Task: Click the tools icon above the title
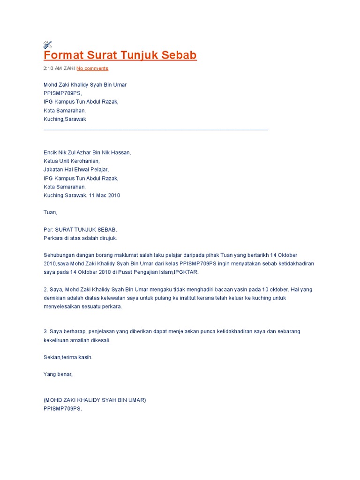click(x=47, y=45)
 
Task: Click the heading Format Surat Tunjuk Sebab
click(x=120, y=55)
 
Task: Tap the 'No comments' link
click(x=92, y=68)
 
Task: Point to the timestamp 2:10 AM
click(x=52, y=68)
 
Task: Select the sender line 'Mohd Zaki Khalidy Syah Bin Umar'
click(x=85, y=85)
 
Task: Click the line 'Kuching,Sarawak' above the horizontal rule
click(x=65, y=119)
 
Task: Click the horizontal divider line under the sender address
click(x=156, y=129)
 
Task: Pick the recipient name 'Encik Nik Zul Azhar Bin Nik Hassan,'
click(x=87, y=152)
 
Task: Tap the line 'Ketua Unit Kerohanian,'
click(x=72, y=161)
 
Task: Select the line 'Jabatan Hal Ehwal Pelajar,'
click(x=76, y=170)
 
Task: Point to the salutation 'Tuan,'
click(x=50, y=212)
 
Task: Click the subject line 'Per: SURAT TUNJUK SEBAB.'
click(x=80, y=230)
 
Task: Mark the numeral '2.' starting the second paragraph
click(x=46, y=289)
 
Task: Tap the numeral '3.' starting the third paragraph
click(x=46, y=331)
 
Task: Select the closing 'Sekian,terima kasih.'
click(x=68, y=357)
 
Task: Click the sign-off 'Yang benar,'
click(x=58, y=374)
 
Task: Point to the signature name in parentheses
click(x=95, y=400)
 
